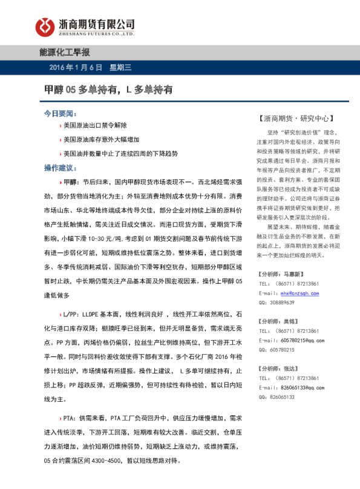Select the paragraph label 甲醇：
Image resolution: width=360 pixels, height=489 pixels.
point(71,182)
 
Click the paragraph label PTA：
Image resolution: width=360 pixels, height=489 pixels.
point(70,418)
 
